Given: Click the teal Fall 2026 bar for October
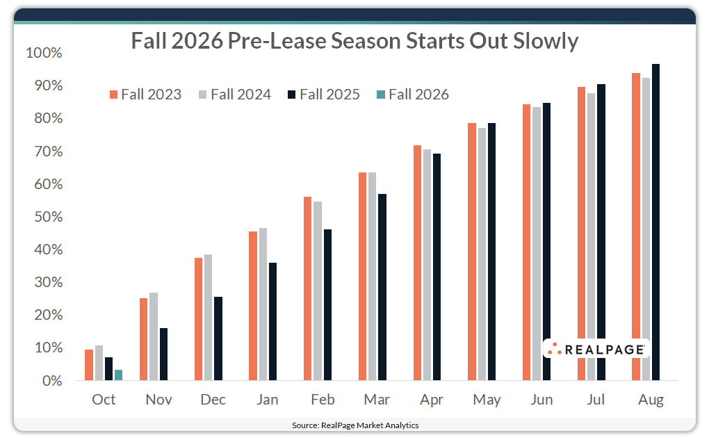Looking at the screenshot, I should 119,375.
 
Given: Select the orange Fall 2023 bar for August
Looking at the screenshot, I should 635,227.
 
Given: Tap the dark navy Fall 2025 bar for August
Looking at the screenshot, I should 655,222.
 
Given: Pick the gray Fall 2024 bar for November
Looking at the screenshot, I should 154,336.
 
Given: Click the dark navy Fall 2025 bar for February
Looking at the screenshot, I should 327,305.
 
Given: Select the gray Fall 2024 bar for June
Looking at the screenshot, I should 536,244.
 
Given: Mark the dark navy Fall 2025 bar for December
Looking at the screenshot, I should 218,339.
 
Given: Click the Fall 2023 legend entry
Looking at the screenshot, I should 145,95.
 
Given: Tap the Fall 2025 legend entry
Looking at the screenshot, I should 323,95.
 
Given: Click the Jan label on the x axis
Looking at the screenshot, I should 268,400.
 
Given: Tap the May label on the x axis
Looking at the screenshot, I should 487,400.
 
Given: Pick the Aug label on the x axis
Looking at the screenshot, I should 651,400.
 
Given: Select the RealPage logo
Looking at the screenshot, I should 596,349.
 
